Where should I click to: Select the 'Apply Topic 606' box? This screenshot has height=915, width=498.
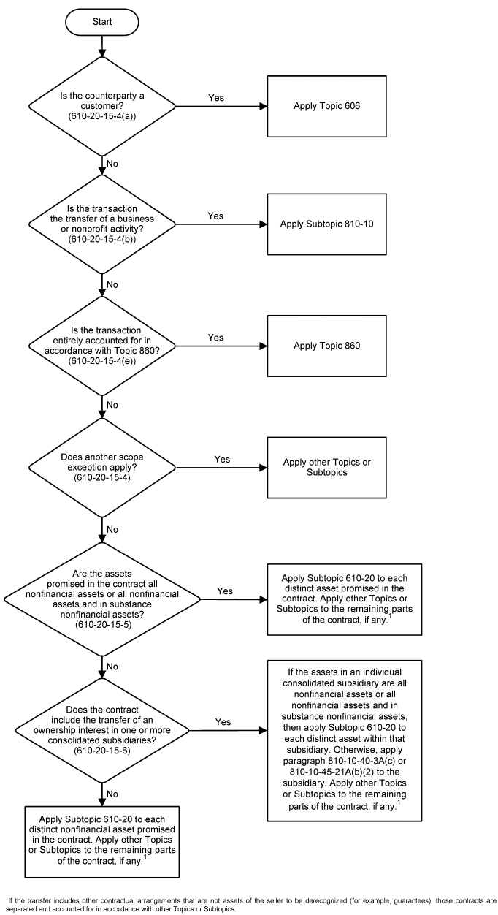325,106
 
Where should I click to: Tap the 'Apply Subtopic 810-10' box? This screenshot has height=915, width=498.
325,222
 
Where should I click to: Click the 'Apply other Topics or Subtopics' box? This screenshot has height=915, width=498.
325,466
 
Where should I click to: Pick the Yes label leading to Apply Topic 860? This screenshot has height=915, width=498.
217,338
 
